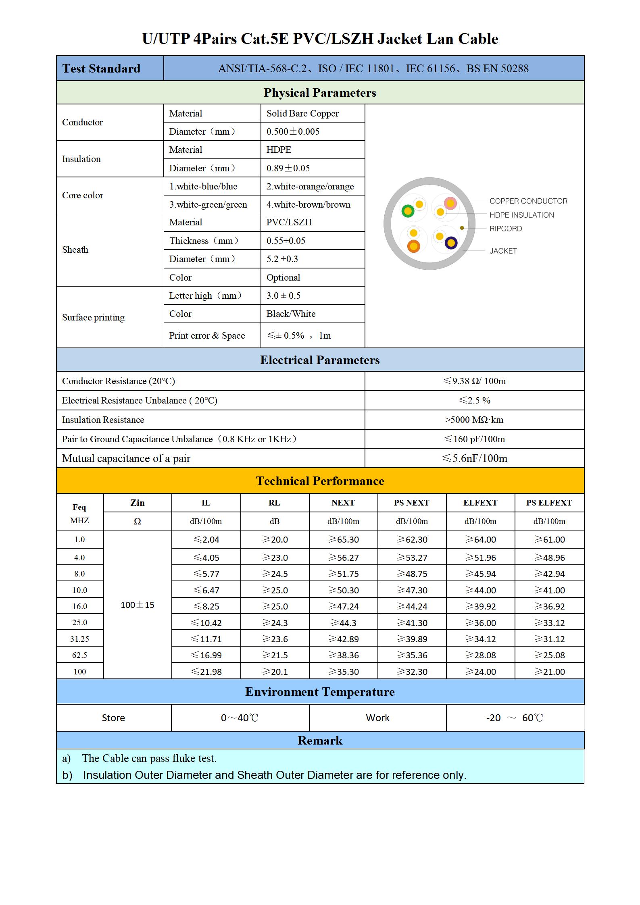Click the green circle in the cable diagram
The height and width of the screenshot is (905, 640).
coord(408,210)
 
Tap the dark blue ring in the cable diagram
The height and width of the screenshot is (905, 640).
coord(451,243)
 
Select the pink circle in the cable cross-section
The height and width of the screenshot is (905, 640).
coord(450,203)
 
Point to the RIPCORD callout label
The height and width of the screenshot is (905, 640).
coord(506,229)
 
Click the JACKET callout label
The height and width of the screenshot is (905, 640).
coord(503,251)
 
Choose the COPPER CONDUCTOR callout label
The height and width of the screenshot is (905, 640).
coord(528,201)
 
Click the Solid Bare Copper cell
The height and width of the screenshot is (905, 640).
coord(302,113)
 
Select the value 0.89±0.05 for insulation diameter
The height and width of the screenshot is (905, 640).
coord(288,168)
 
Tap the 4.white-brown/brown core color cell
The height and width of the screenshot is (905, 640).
coord(308,204)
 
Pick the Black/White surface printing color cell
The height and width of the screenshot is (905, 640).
coord(291,314)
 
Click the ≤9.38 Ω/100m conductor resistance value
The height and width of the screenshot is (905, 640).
coord(474,381)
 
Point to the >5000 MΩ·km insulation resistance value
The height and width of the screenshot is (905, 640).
coord(474,420)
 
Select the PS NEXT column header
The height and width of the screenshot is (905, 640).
coord(411,503)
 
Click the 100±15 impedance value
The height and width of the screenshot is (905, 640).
coord(137,605)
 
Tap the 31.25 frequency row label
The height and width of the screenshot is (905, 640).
coord(79,639)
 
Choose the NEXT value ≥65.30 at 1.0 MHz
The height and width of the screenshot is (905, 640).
coord(343,539)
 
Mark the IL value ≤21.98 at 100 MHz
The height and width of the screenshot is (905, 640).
coord(206,672)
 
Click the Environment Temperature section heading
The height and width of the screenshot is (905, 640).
coord(320,692)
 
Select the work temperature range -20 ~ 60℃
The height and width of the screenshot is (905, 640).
coord(515,718)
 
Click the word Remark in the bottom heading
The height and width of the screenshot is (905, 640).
coord(320,741)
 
